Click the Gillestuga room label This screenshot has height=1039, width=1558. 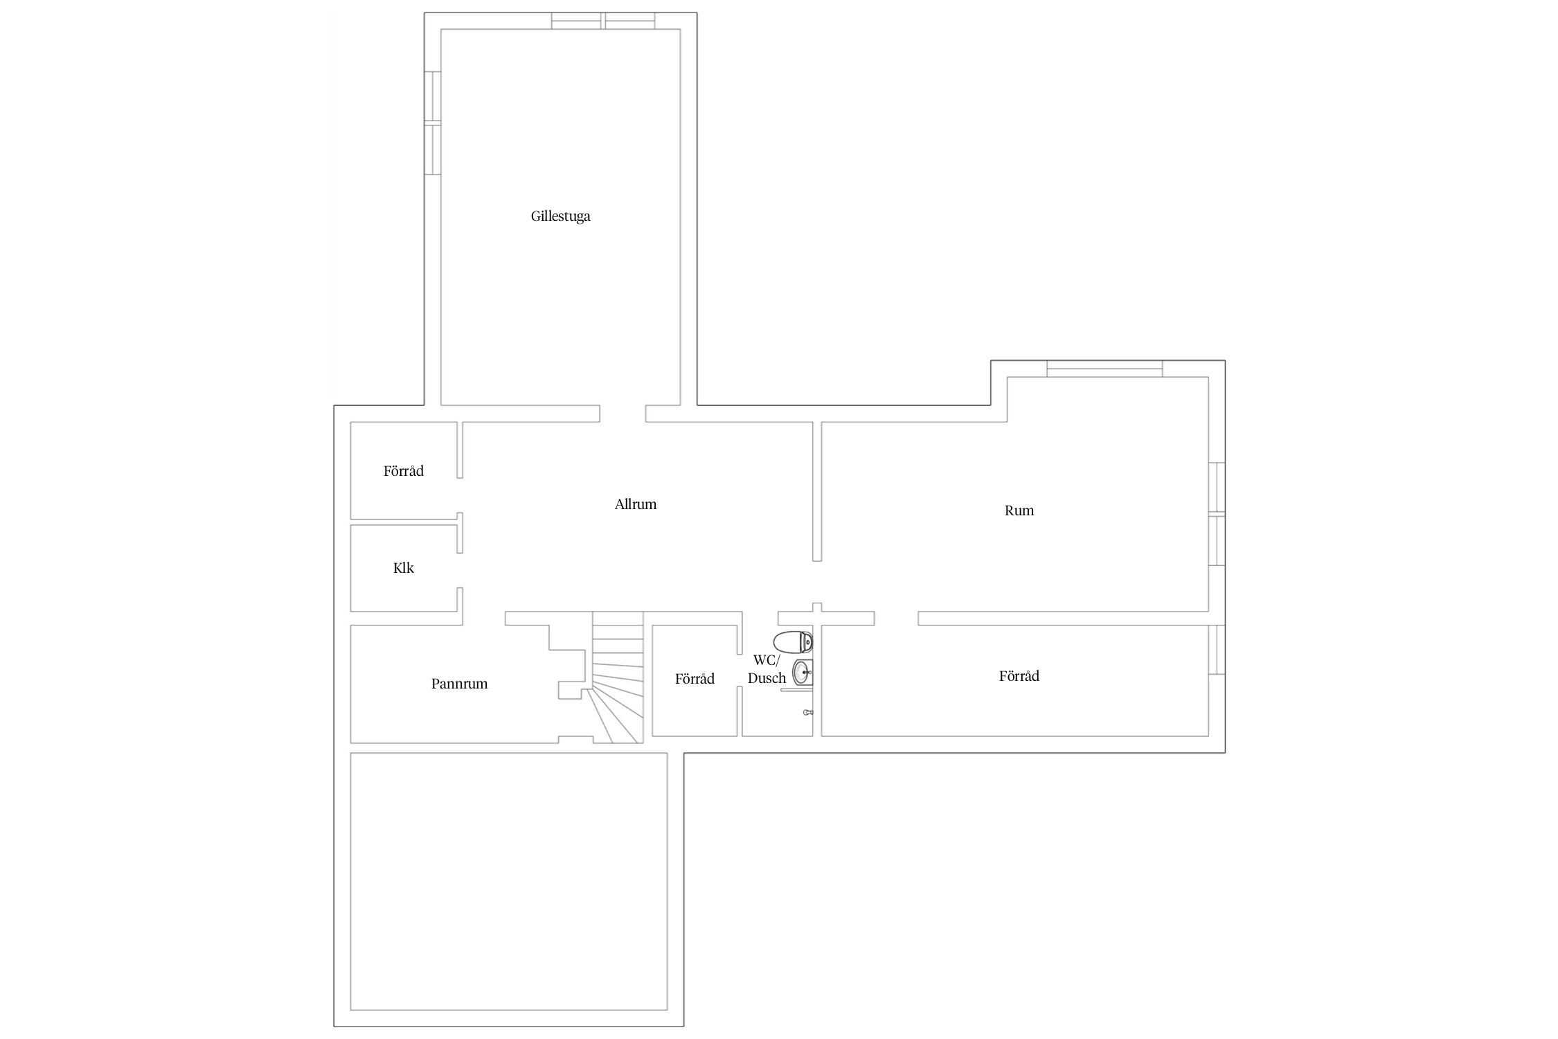pyautogui.click(x=560, y=216)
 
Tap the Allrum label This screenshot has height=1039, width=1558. pyautogui.click(x=635, y=504)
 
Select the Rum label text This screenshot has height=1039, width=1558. pyautogui.click(x=1019, y=510)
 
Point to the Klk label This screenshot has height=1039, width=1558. pyautogui.click(x=403, y=568)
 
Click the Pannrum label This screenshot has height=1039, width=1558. pyautogui.click(x=459, y=684)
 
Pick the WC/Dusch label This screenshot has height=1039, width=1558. pyautogui.click(x=767, y=669)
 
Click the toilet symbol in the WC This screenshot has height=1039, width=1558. pyautogui.click(x=793, y=642)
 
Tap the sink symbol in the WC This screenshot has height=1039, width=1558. pyautogui.click(x=803, y=672)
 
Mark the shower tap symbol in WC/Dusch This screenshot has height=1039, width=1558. pyautogui.click(x=808, y=712)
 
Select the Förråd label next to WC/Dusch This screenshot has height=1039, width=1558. pyautogui.click(x=695, y=679)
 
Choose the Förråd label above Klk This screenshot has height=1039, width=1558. pyautogui.click(x=403, y=471)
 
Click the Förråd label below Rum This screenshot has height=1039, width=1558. pyautogui.click(x=1019, y=676)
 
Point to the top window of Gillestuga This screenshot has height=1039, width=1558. pyautogui.click(x=603, y=21)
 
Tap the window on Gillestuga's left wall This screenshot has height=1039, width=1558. pyautogui.click(x=432, y=123)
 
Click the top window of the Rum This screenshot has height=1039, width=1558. pyautogui.click(x=1104, y=368)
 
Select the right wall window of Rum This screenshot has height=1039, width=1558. pyautogui.click(x=1217, y=514)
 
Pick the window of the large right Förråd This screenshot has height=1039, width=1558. pyautogui.click(x=1217, y=650)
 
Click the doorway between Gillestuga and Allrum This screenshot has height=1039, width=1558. pyautogui.click(x=623, y=414)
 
